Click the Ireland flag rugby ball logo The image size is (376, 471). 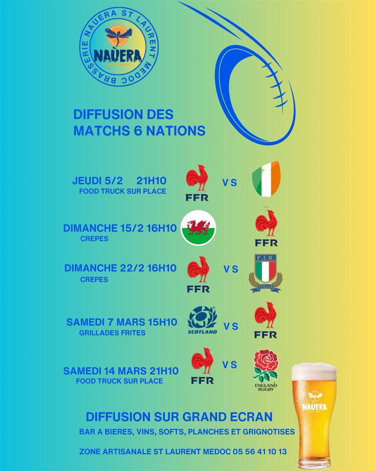click(266, 179)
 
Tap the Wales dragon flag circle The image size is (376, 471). click(198, 228)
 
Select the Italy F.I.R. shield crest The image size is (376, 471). click(265, 273)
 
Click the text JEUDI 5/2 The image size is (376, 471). click(98, 181)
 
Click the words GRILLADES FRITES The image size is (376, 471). click(112, 333)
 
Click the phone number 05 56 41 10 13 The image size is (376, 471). click(256, 452)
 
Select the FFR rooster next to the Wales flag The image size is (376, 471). click(266, 228)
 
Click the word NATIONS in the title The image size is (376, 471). click(176, 131)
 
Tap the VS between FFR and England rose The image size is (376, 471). click(230, 365)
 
